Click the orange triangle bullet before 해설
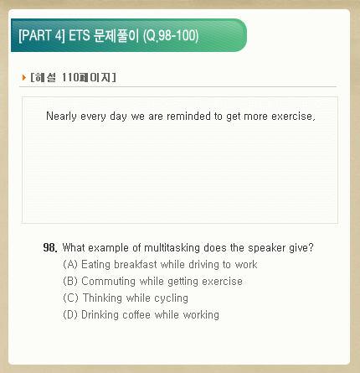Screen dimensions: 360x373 (x=24, y=77)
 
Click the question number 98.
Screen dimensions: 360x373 (x=50, y=247)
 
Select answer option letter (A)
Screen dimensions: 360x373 (x=70, y=264)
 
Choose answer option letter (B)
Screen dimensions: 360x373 (x=70, y=281)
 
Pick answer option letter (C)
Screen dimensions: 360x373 (x=70, y=298)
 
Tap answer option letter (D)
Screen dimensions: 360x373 (x=70, y=314)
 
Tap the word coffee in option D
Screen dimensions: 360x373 (x=136, y=314)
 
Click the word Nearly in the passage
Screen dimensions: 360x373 (x=61, y=117)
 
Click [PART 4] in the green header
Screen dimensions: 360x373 (x=42, y=35)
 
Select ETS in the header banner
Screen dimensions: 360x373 (x=80, y=35)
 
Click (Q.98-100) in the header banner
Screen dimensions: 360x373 (x=171, y=36)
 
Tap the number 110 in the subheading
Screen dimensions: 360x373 (x=70, y=77)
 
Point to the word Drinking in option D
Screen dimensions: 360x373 (x=100, y=315)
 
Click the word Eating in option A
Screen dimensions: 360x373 (x=95, y=265)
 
